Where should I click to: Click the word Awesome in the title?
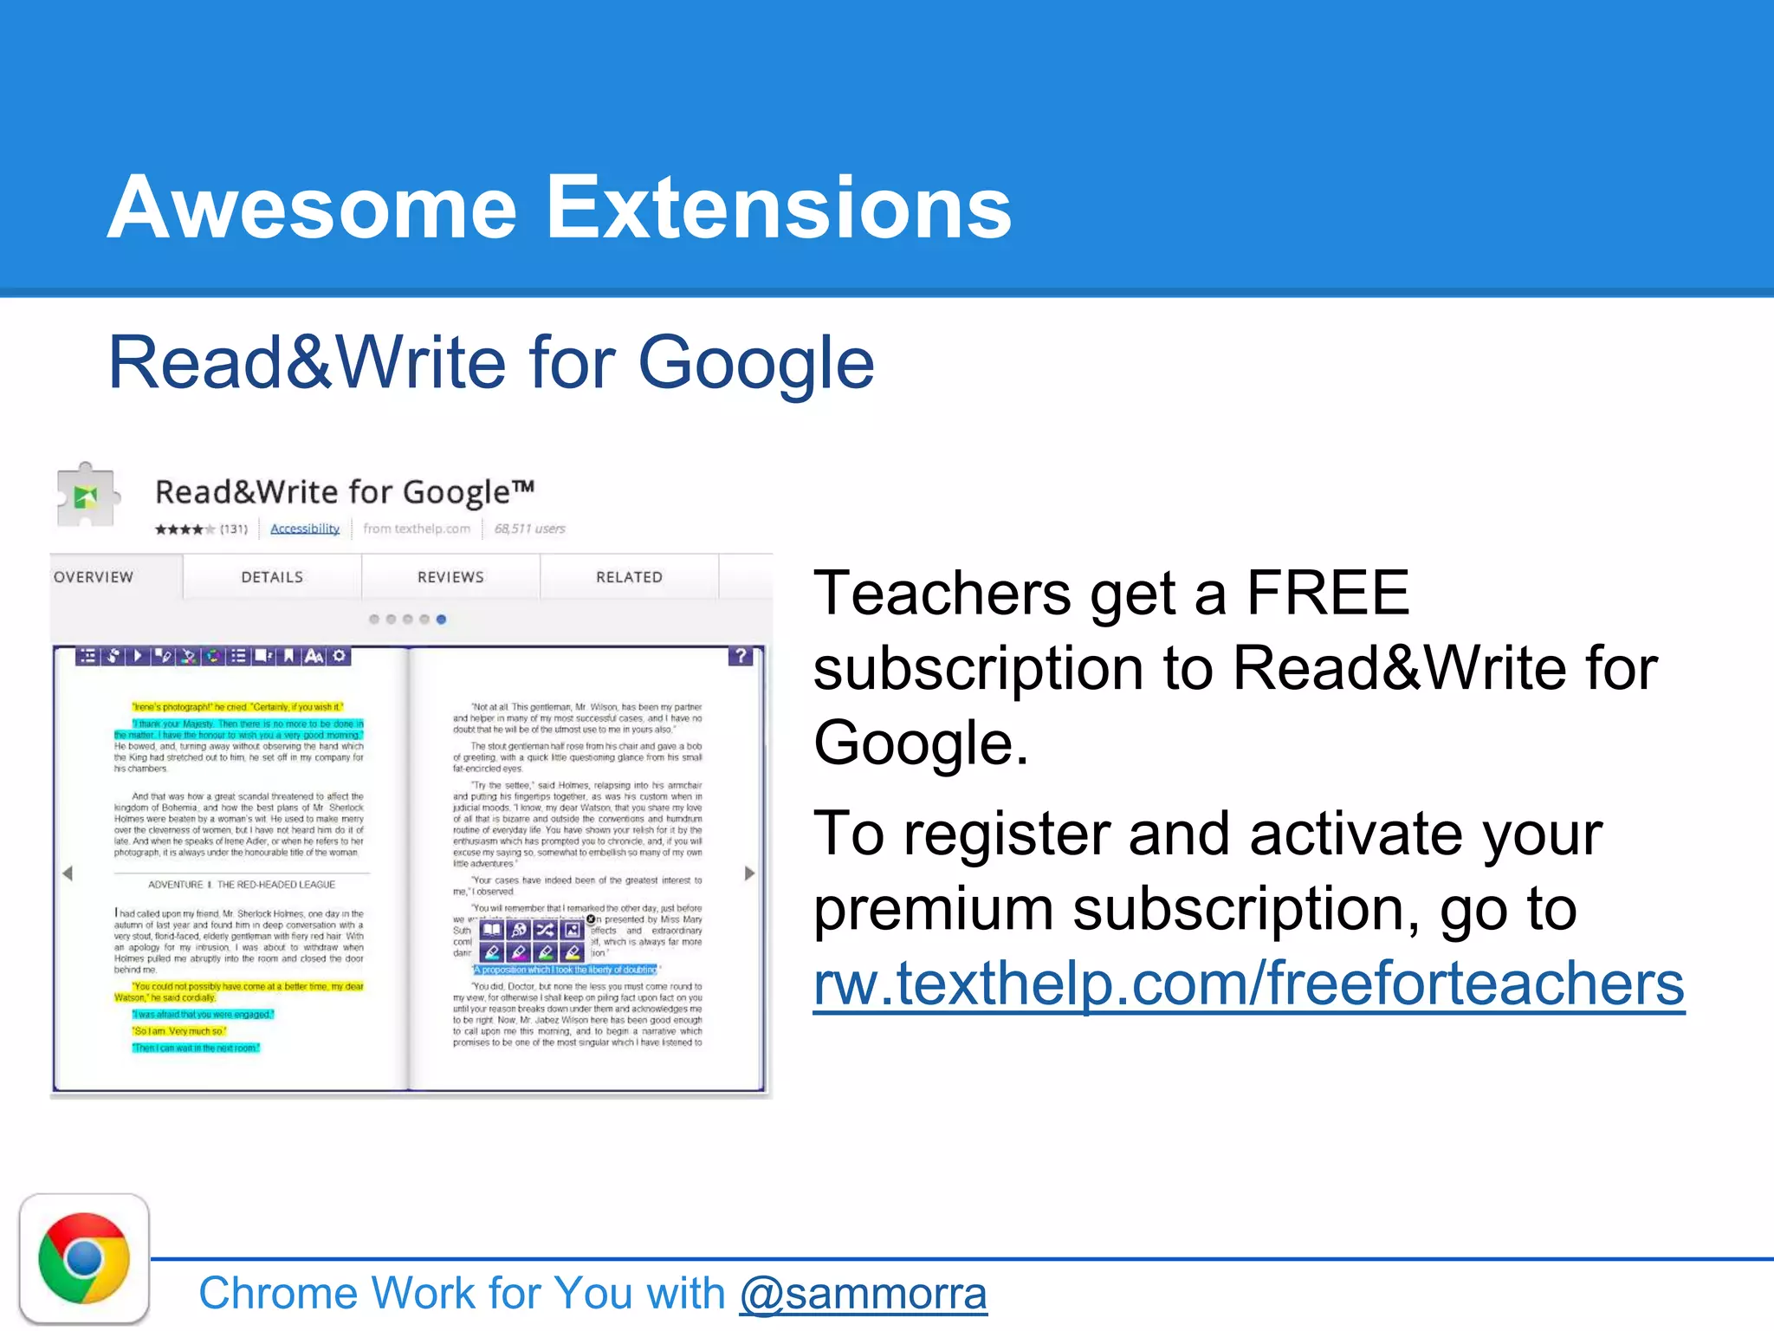(x=312, y=208)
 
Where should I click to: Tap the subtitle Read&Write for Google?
(x=491, y=363)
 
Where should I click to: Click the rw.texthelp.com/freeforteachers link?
(x=1248, y=984)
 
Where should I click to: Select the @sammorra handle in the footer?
(x=863, y=1294)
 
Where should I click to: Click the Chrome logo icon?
(x=84, y=1258)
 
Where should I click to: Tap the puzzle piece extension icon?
(x=86, y=495)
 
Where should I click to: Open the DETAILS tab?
(x=272, y=577)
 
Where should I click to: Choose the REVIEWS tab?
(x=450, y=577)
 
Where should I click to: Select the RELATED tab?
(x=629, y=577)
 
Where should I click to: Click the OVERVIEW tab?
(x=94, y=577)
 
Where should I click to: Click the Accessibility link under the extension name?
(x=305, y=529)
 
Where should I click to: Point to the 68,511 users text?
(x=529, y=529)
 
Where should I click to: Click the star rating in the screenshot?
(x=185, y=529)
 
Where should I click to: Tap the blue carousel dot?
(x=441, y=620)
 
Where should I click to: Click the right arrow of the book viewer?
(x=749, y=873)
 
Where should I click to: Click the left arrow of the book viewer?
(x=68, y=873)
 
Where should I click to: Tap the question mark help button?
(x=741, y=656)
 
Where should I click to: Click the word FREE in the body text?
(x=1328, y=594)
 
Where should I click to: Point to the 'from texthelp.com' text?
(x=417, y=529)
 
